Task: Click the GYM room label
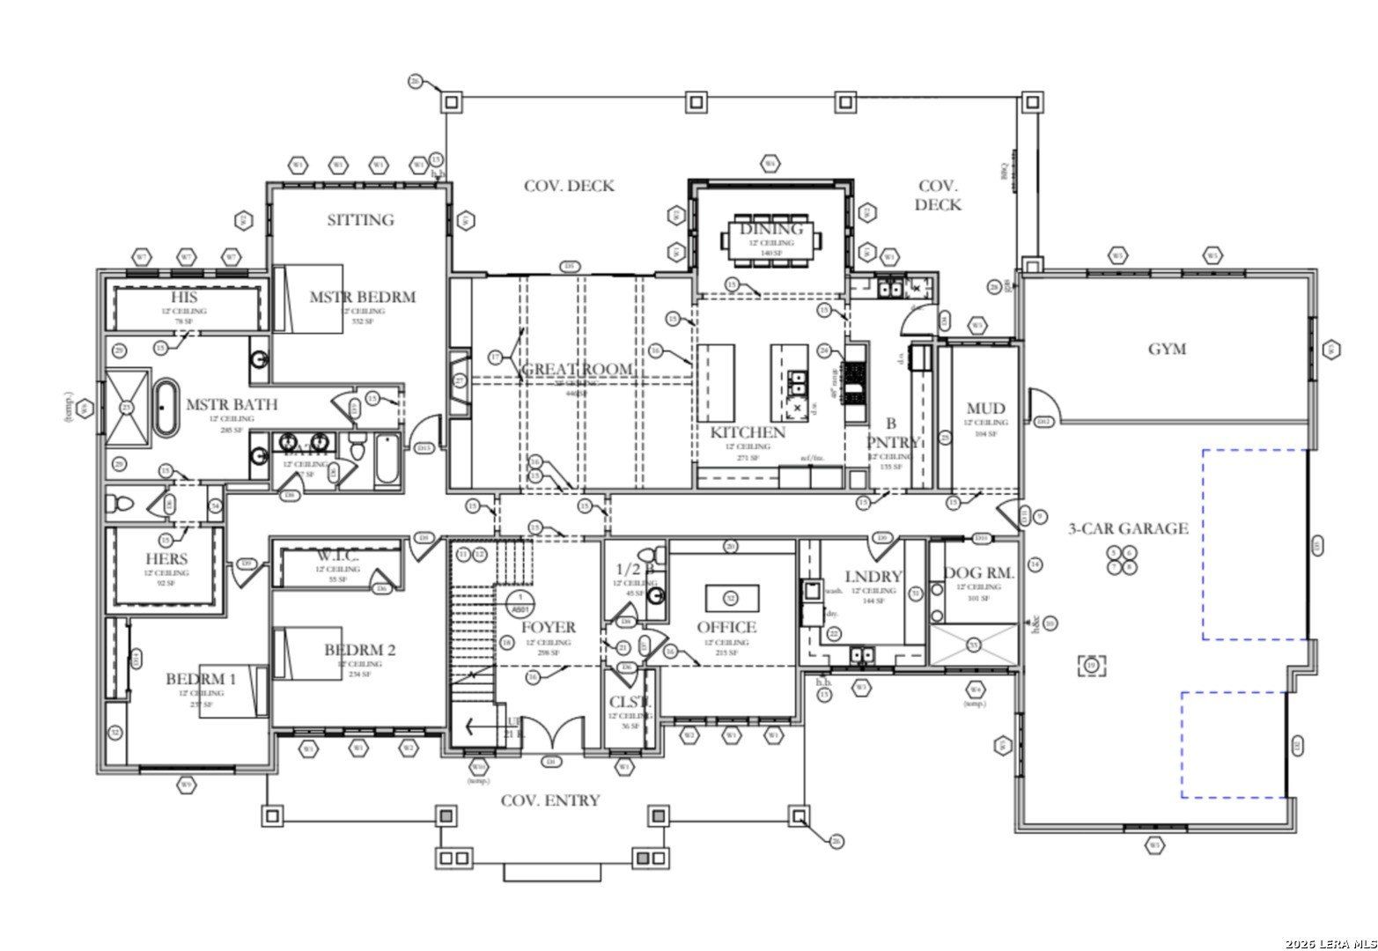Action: click(1167, 349)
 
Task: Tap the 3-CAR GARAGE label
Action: click(1128, 528)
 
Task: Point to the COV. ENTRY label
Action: click(550, 800)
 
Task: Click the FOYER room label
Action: click(548, 627)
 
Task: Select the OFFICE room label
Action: click(726, 627)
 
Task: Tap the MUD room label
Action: click(985, 409)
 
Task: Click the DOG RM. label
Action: click(979, 573)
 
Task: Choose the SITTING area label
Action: click(360, 219)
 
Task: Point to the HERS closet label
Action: click(166, 559)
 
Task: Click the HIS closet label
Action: click(184, 298)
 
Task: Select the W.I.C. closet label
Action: click(337, 557)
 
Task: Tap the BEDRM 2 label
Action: click(359, 650)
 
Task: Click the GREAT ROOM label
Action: click(578, 369)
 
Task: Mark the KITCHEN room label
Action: click(748, 432)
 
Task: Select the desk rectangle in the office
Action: click(733, 598)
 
